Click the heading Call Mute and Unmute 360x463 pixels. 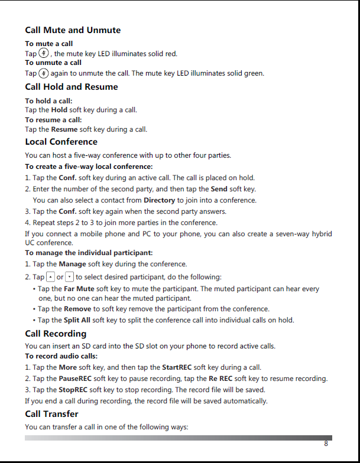click(x=73, y=30)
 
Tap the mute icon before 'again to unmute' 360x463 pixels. click(x=44, y=73)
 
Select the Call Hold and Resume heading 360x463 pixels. click(x=72, y=87)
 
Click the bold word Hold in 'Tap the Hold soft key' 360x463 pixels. click(x=59, y=110)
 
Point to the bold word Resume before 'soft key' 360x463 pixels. click(x=64, y=129)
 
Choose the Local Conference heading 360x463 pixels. click(x=61, y=142)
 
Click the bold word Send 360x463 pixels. click(x=219, y=189)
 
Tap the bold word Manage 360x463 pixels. click(x=72, y=264)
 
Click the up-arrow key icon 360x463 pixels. click(x=50, y=276)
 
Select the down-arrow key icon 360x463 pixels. click(x=69, y=276)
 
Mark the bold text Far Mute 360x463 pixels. click(x=79, y=289)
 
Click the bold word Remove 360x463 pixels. click(x=77, y=309)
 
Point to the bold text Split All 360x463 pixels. click(x=77, y=320)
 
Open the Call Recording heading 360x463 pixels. click(x=56, y=334)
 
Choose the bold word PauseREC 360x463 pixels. click(x=75, y=379)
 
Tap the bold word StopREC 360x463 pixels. click(x=74, y=390)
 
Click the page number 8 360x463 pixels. click(x=326, y=444)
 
